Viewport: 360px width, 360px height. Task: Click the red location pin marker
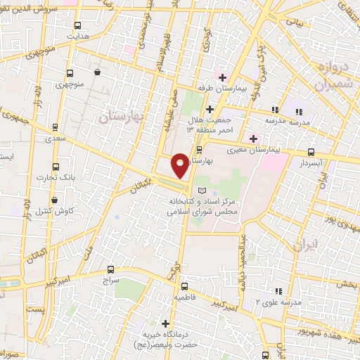point(180,165)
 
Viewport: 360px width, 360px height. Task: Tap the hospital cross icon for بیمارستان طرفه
point(222,77)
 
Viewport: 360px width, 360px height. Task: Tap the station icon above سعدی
point(56,127)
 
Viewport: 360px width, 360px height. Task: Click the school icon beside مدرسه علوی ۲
point(278,290)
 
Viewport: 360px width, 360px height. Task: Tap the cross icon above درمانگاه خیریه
point(165,324)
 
